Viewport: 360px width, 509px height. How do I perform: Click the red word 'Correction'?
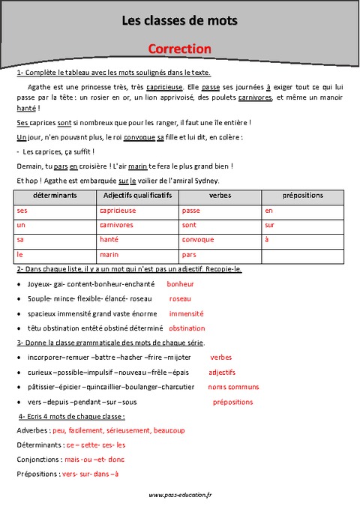coord(179,49)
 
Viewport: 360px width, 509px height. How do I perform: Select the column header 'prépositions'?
coord(302,195)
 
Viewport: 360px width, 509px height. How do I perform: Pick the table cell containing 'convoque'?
coord(198,240)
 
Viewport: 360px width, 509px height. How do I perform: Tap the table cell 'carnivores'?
coord(116,225)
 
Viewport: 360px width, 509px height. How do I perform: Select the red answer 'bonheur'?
coord(180,284)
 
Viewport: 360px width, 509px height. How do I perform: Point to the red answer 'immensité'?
coord(186,313)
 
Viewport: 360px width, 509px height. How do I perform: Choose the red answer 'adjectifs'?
coord(222,372)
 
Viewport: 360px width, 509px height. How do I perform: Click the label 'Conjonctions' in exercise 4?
coord(37,459)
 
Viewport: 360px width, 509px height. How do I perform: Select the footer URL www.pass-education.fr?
coord(180,495)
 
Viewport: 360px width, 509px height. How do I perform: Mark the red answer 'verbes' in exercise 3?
coord(221,358)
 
